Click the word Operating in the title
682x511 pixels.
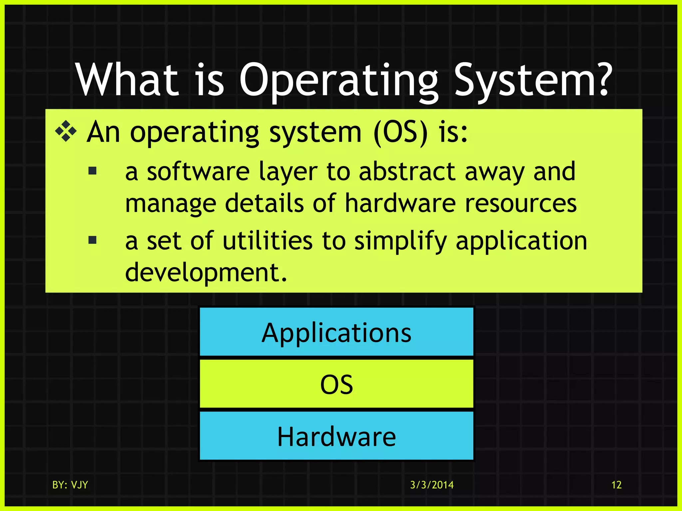click(339, 81)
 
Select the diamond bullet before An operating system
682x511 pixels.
click(66, 132)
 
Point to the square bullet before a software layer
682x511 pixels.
click(93, 171)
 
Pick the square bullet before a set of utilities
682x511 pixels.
click(93, 240)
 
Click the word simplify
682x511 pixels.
click(400, 241)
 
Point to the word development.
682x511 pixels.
click(205, 272)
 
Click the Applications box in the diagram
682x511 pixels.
click(336, 332)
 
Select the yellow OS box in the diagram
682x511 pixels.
click(336, 384)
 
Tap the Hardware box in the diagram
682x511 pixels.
click(336, 436)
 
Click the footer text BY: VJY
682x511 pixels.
click(70, 485)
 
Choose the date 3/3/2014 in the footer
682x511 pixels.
click(432, 485)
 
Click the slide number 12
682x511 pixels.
click(616, 485)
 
